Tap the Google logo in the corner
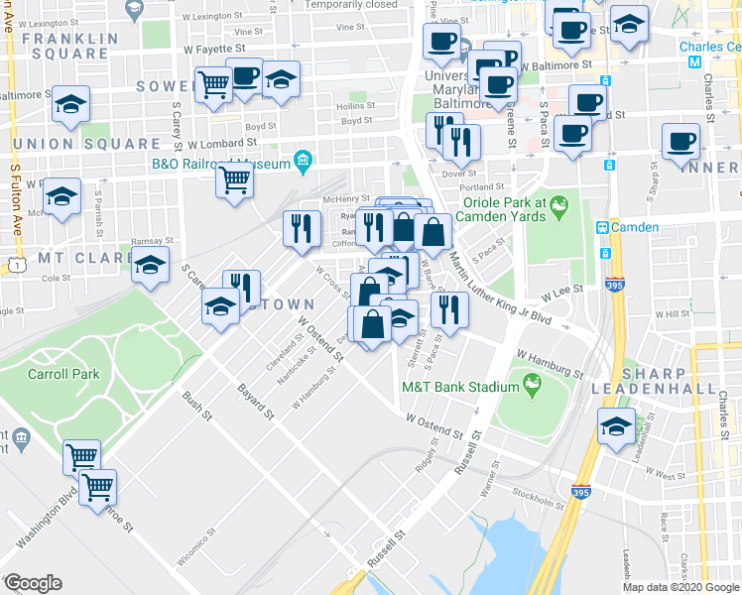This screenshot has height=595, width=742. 33,583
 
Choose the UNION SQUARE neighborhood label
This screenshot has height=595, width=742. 60,144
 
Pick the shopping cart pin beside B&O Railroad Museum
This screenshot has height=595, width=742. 234,181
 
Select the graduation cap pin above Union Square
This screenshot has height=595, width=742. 70,104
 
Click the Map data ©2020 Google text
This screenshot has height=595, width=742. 680,586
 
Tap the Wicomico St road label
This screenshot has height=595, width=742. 197,543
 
